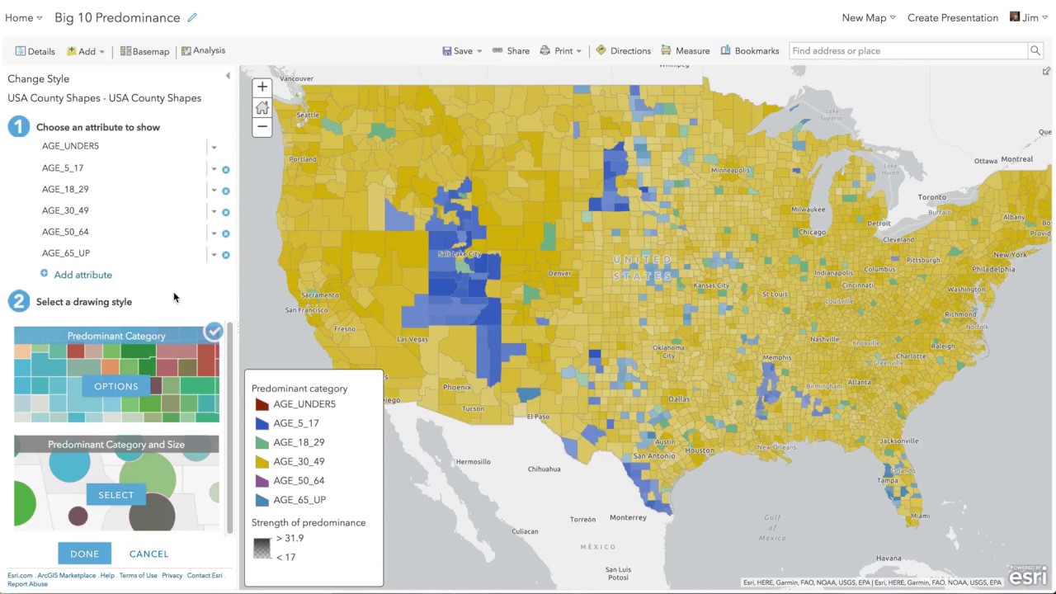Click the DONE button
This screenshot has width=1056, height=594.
coord(84,554)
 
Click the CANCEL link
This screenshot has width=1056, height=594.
coord(148,554)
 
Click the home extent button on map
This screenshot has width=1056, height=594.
coord(262,107)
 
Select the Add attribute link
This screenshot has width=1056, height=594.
coord(82,275)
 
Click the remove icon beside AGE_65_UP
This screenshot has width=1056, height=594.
coord(226,255)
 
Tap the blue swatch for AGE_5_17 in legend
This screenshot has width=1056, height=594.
coord(262,423)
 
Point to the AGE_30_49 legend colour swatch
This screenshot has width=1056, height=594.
coord(262,461)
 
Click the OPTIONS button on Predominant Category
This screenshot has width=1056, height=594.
coord(116,386)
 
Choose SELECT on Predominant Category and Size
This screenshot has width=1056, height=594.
coord(116,495)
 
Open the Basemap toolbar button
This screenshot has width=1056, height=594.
coord(144,51)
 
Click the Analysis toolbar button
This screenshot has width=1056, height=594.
coord(203,51)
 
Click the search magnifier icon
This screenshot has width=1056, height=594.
coord(1035,51)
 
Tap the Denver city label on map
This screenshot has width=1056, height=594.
coord(559,273)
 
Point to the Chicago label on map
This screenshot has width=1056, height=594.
coord(812,233)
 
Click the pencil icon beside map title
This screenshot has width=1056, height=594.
coord(193,17)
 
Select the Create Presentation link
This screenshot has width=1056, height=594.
coord(952,17)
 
